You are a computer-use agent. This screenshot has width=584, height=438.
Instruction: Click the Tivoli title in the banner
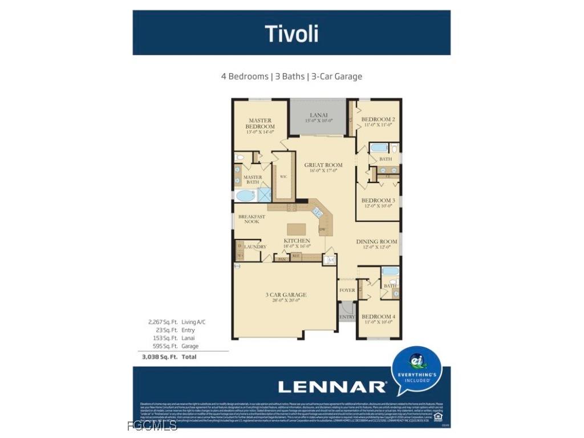291,34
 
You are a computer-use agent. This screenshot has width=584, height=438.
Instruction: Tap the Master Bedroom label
259,124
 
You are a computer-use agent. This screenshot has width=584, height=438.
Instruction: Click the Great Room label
323,165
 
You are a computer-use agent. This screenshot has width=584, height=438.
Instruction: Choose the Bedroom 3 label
378,201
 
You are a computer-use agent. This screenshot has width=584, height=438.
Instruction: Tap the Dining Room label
376,242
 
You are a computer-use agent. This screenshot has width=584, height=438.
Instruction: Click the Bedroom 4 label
377,317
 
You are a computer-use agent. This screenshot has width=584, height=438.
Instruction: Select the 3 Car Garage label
286,295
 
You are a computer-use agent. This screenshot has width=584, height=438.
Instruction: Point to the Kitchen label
297,241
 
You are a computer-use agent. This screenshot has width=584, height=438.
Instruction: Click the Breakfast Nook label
252,219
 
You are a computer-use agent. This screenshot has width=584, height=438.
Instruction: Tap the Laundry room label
255,246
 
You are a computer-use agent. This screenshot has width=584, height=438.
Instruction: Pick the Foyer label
347,290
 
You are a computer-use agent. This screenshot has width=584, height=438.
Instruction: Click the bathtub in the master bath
246,196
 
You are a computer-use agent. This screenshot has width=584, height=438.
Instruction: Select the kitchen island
296,229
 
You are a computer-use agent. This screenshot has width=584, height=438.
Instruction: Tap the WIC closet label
283,177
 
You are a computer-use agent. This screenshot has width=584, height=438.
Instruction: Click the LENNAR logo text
332,387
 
